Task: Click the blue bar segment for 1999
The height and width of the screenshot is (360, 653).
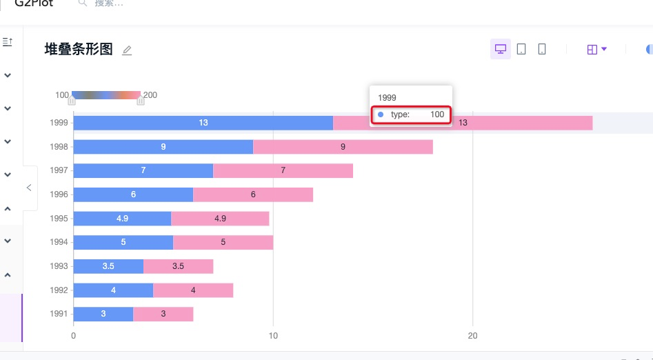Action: (203, 123)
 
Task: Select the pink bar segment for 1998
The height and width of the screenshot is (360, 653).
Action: (343, 147)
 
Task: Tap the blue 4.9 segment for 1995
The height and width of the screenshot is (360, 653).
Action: (122, 219)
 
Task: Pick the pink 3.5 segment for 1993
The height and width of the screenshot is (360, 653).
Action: (178, 266)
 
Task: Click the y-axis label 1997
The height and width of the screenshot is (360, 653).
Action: (59, 171)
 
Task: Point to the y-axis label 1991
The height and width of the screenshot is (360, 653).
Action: (59, 314)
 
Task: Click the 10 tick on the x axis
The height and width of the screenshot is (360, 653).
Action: (273, 336)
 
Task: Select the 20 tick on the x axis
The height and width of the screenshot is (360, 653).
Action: (472, 336)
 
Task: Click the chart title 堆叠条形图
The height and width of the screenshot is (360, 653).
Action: (79, 50)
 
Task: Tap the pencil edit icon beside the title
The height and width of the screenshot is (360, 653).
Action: (127, 50)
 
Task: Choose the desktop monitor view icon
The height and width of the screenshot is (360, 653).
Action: (501, 49)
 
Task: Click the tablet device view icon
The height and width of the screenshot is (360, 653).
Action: (521, 49)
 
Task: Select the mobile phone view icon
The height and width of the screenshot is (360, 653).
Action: (542, 49)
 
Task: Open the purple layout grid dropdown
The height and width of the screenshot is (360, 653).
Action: (596, 49)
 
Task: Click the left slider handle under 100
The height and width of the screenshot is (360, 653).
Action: (72, 101)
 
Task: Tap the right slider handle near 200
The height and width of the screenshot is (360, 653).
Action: (141, 101)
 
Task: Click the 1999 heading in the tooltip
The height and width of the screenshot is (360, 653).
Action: (388, 98)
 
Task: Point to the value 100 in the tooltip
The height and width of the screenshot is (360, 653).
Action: (437, 114)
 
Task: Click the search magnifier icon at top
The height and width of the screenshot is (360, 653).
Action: (83, 3)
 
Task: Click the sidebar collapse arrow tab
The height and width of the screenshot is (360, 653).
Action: (29, 188)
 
